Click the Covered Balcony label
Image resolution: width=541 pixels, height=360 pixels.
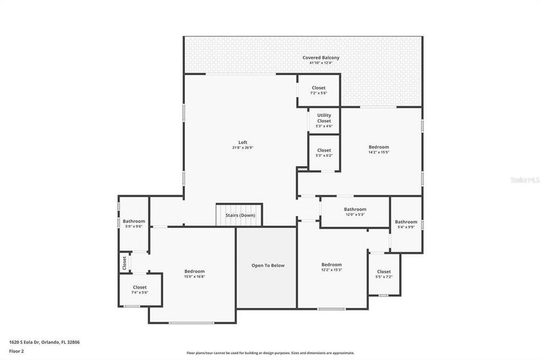321,58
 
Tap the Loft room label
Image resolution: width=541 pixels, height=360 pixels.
243,142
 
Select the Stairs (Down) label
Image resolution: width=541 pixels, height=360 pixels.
240,215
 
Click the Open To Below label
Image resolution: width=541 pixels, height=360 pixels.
268,265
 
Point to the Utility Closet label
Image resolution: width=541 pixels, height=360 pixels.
324,118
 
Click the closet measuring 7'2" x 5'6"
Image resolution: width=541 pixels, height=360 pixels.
318,90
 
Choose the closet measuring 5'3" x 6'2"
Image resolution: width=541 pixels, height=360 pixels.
324,152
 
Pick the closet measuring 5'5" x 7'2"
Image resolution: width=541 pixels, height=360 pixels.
384,274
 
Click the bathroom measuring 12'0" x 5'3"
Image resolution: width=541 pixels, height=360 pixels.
355,211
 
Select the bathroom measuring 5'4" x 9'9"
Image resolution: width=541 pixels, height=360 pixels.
406,224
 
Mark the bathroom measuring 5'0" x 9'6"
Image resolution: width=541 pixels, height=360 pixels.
134,223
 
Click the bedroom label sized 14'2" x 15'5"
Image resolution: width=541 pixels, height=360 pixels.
378,149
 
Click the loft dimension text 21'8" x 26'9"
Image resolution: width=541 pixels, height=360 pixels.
243,148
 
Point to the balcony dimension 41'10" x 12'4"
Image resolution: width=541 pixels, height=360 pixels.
321,63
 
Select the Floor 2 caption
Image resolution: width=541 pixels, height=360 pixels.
16,352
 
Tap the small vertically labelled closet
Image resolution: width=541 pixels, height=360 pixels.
125,262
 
